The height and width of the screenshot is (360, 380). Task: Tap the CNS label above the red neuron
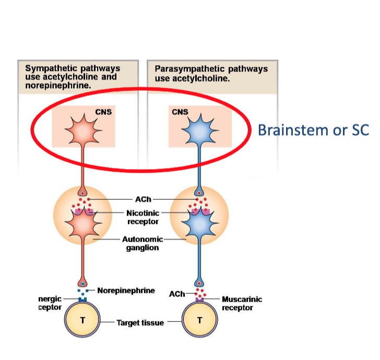(103, 112)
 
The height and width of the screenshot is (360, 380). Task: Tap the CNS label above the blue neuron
(180, 112)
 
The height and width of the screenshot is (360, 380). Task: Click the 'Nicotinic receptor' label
(142, 217)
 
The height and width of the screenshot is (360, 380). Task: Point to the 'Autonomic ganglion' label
(142, 244)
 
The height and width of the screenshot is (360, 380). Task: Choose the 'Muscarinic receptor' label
(242, 303)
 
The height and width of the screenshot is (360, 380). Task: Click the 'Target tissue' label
(140, 323)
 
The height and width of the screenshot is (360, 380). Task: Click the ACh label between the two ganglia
(142, 199)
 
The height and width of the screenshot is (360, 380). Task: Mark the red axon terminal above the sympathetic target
(82, 282)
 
